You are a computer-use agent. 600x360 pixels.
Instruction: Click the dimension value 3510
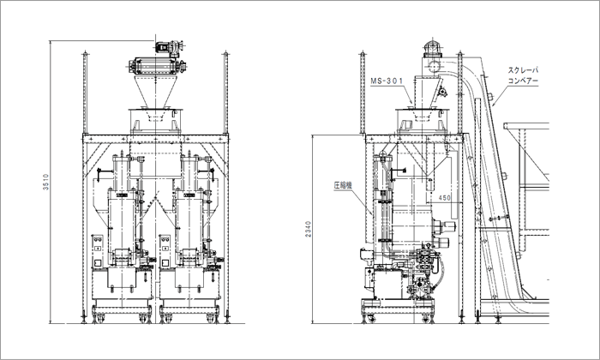point(46,182)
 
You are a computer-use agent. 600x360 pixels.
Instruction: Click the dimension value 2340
point(309,229)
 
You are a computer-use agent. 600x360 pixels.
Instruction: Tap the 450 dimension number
point(444,198)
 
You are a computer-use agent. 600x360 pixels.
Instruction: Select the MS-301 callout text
point(387,81)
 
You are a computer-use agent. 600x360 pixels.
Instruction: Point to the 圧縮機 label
point(343,185)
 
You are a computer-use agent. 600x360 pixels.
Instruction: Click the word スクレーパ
point(523,70)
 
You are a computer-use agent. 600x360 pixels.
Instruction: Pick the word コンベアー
point(523,81)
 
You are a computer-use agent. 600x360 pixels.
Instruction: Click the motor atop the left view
point(169,46)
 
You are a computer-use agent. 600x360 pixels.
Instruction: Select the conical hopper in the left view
point(156,92)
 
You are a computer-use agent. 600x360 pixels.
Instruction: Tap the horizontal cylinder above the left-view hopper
point(156,66)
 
